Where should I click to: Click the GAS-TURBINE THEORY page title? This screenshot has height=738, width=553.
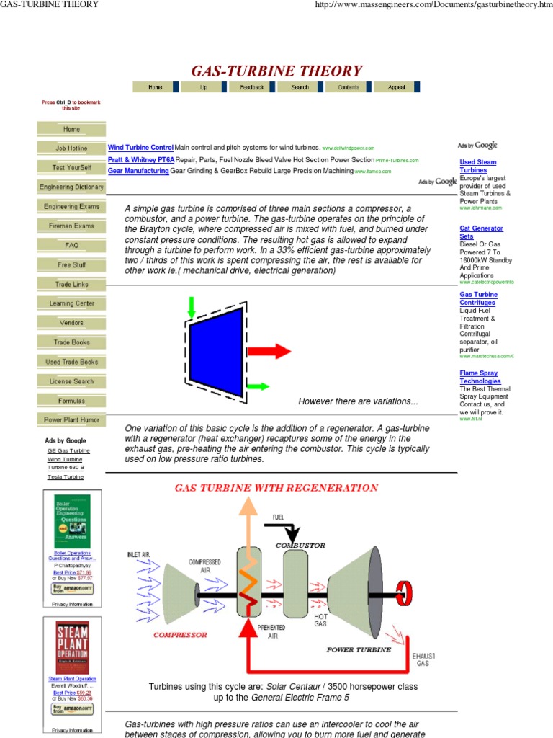(x=276, y=71)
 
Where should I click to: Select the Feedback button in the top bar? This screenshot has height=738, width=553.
(x=252, y=87)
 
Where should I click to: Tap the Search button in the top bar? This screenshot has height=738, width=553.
(x=300, y=87)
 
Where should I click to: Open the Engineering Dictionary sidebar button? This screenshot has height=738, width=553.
(x=71, y=187)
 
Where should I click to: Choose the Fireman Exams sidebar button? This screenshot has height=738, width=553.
(x=71, y=226)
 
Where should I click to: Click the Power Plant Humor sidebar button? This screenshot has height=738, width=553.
(x=71, y=419)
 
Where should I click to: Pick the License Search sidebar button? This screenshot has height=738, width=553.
(x=71, y=381)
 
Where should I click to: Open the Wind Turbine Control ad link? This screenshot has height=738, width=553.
(x=140, y=147)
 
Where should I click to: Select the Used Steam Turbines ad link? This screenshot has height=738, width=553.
(x=477, y=166)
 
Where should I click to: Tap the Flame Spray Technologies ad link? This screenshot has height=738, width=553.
(x=480, y=376)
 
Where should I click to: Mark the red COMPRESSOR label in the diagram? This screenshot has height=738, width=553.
(x=180, y=635)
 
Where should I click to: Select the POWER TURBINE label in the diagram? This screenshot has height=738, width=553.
(x=359, y=649)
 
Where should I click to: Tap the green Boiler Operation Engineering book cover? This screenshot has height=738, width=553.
(x=72, y=521)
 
